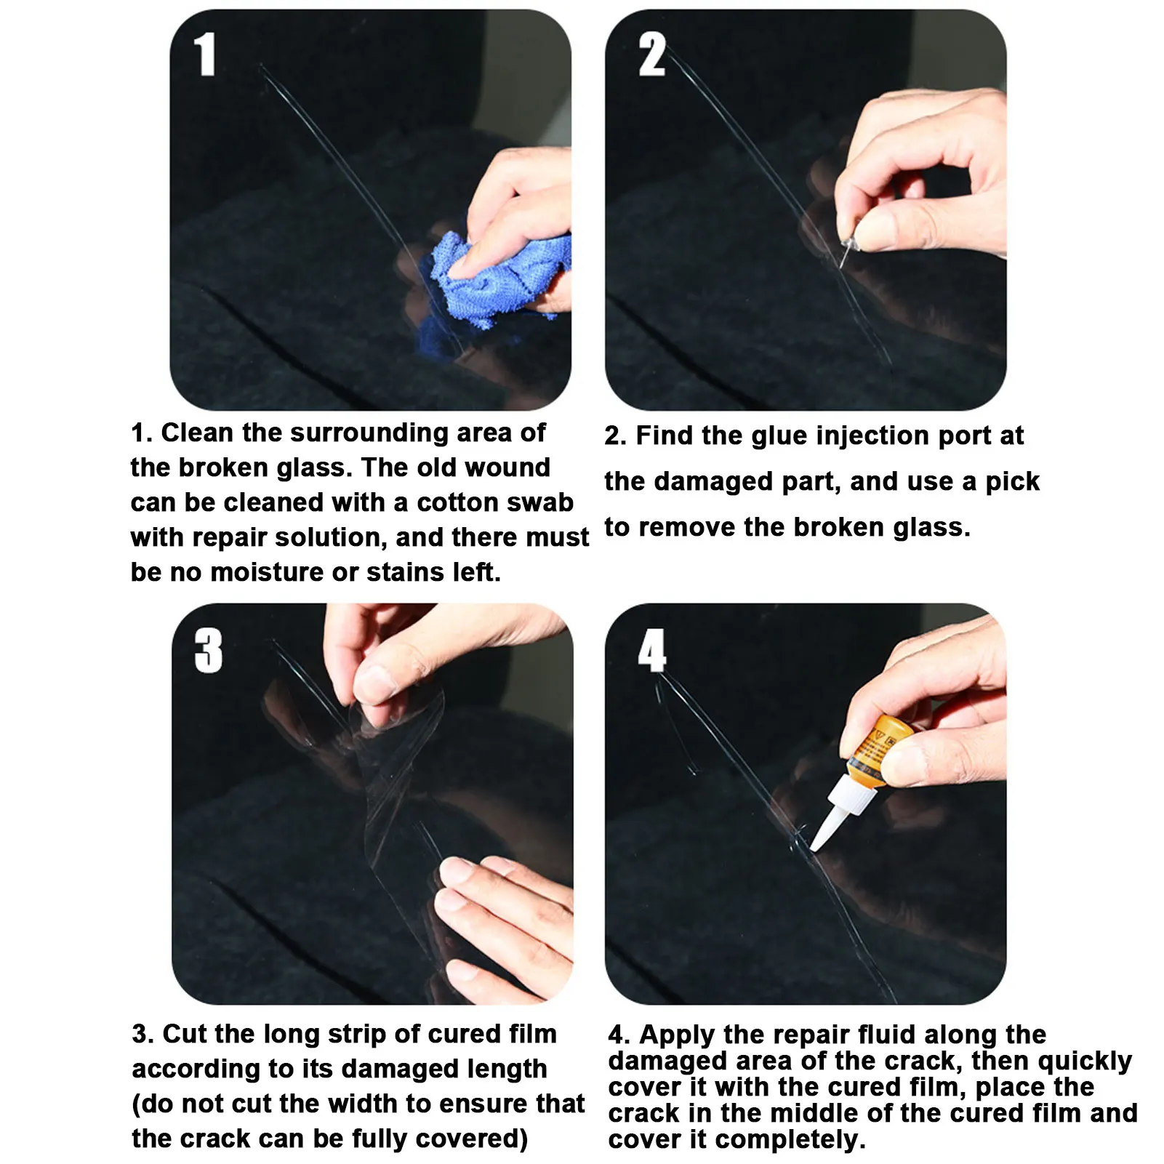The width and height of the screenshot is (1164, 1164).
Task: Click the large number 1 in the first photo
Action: point(205,55)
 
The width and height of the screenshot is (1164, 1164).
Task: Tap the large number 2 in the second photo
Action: point(652,55)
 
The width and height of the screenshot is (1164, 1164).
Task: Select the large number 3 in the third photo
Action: point(209,650)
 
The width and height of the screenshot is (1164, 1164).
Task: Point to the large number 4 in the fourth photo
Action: point(652,650)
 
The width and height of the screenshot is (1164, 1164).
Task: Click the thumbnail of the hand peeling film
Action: point(372,804)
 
